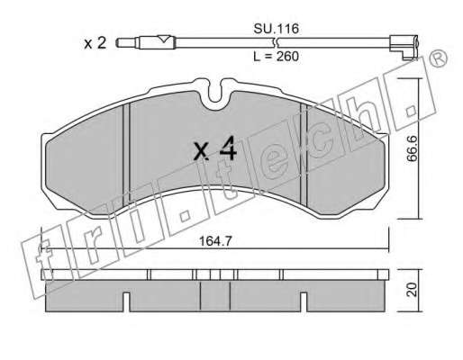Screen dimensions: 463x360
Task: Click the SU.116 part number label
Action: [276, 29]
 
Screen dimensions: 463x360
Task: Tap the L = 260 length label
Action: [276, 57]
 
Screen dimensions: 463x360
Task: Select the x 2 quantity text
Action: [95, 43]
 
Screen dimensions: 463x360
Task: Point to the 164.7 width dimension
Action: [215, 241]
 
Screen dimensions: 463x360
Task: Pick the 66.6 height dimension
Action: [413, 148]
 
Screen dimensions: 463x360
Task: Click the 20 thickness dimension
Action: [413, 290]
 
